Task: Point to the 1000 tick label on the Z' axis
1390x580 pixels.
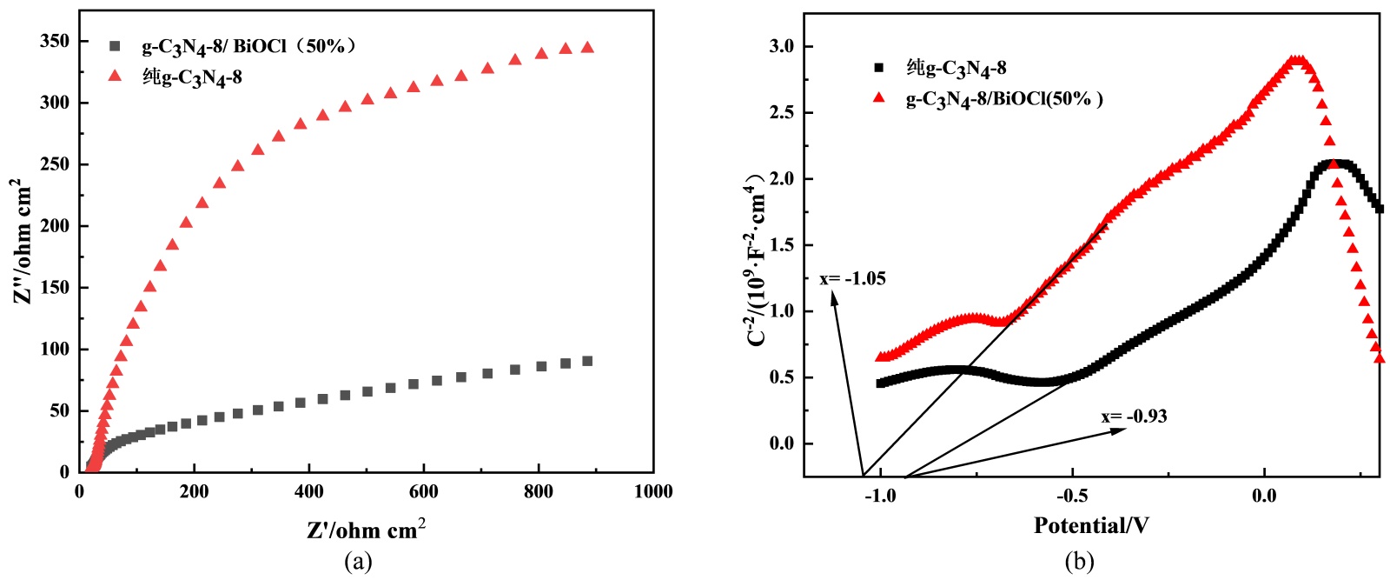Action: [652, 492]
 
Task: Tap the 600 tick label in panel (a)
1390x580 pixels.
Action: [423, 492]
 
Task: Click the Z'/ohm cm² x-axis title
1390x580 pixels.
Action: [366, 529]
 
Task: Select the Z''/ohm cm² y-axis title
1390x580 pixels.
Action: [23, 242]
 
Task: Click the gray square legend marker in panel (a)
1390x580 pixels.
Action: [114, 46]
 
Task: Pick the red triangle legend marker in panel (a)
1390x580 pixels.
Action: [114, 77]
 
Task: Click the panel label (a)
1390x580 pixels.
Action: [358, 562]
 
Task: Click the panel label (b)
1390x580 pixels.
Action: [1080, 562]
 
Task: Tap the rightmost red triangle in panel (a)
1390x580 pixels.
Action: [587, 48]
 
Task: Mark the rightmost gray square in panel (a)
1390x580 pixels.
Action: [587, 361]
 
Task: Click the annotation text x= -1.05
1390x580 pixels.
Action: [852, 279]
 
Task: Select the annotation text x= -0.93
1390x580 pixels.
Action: [1135, 417]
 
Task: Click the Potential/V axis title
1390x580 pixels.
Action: [1091, 525]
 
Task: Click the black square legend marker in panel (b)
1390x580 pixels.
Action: [878, 68]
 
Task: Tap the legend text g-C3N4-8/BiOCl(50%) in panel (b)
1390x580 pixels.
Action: [1004, 98]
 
